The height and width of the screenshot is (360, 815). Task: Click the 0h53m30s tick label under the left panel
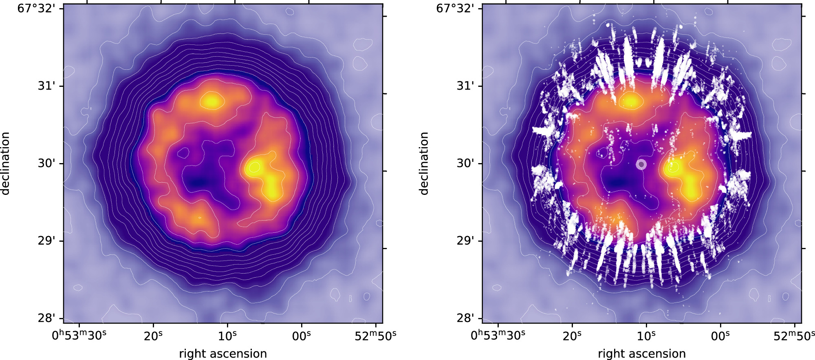(x=79, y=336)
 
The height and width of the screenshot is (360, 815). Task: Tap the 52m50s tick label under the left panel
(x=375, y=336)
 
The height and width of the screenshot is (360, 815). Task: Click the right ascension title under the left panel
(x=223, y=353)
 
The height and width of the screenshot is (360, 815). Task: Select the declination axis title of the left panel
(x=6, y=163)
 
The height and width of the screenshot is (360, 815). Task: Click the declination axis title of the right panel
(x=424, y=163)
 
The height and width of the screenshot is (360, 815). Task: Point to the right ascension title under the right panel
(x=642, y=353)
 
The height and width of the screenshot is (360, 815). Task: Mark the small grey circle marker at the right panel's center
(x=641, y=164)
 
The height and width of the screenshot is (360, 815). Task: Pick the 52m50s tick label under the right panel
(x=794, y=336)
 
